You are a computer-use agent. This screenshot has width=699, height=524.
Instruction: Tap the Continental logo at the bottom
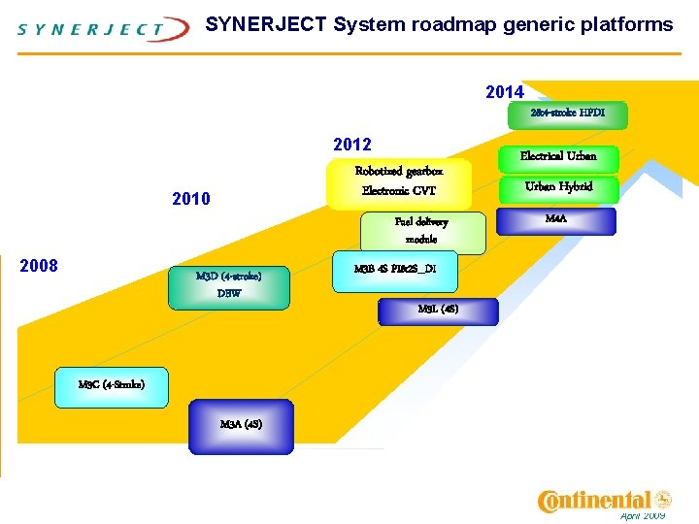(604, 501)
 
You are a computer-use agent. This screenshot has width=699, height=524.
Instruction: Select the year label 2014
(504, 92)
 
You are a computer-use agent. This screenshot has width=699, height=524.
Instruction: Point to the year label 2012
(351, 145)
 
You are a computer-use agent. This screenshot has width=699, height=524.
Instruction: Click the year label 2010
(190, 200)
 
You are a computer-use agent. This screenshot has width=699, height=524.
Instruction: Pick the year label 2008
(39, 266)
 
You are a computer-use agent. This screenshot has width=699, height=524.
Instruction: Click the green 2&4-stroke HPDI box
(567, 115)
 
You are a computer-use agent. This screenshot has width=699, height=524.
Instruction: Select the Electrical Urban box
(558, 156)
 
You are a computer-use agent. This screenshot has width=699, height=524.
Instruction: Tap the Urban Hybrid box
(558, 186)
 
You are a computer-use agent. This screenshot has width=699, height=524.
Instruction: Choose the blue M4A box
(556, 220)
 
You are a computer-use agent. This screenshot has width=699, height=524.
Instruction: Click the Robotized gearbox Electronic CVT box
(399, 181)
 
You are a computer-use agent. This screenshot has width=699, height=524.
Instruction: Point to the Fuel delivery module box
(421, 231)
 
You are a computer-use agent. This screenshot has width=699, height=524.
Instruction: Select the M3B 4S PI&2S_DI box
(387, 270)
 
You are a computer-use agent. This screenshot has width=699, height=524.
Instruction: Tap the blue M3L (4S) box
(437, 311)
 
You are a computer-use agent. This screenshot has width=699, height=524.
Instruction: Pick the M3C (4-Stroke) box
(112, 385)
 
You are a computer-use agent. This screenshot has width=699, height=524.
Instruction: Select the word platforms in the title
(623, 24)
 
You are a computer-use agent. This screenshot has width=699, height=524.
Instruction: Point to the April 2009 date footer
(642, 516)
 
